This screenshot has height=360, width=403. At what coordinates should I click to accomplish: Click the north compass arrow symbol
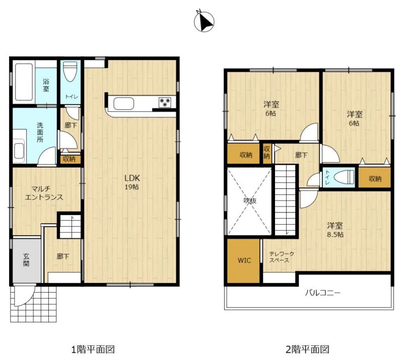tap(204, 22)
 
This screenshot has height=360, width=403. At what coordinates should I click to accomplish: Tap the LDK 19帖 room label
tap(131, 182)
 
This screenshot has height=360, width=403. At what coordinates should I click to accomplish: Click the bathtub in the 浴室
tap(24, 82)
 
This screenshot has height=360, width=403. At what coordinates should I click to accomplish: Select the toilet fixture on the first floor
tap(70, 71)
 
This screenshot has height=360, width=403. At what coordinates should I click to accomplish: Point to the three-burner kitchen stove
tap(165, 102)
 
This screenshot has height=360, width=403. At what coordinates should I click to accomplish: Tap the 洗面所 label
tap(40, 132)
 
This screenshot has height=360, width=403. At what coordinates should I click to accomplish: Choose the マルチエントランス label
tap(44, 193)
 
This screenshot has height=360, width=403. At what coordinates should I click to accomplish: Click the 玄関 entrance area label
tap(26, 260)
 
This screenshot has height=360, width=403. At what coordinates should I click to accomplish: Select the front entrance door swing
tap(24, 296)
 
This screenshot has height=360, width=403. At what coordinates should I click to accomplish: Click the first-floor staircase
tap(71, 227)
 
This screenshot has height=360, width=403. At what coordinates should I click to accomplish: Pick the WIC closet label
tap(244, 260)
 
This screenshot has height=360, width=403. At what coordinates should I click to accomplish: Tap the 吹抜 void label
tap(250, 200)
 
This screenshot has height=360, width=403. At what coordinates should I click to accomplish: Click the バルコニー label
tap(323, 293)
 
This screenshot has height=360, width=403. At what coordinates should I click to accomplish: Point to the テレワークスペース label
tap(282, 257)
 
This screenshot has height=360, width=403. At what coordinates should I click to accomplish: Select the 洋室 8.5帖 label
tap(335, 230)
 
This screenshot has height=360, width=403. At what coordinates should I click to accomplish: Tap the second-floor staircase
tap(285, 200)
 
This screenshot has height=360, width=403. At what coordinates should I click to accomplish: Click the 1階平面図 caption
tap(93, 349)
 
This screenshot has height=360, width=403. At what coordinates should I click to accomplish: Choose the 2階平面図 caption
tap(307, 349)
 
